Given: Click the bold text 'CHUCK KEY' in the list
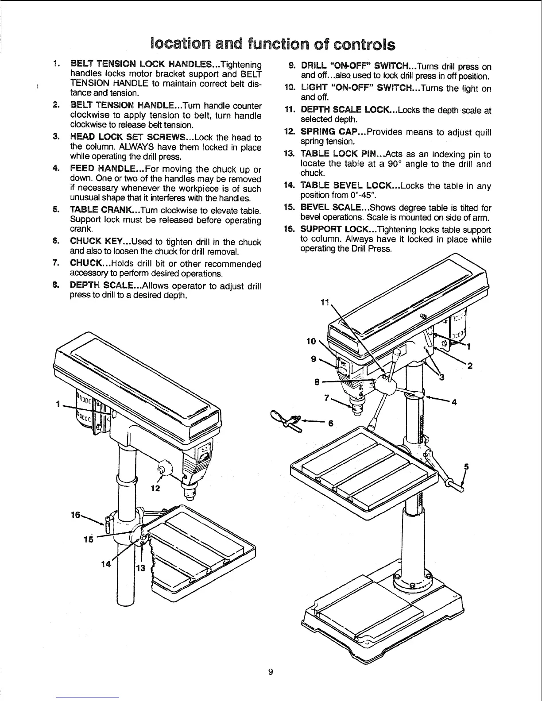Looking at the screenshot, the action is (97, 242).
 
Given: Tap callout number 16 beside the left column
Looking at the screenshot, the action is (76, 515).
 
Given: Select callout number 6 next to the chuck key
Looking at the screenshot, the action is (329, 423).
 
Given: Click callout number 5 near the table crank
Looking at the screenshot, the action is (465, 466).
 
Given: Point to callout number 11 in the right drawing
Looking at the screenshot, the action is (325, 303).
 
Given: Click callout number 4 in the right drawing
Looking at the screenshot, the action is (453, 402).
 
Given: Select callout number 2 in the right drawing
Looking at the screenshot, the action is (470, 366).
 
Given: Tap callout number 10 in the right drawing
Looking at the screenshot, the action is (312, 341).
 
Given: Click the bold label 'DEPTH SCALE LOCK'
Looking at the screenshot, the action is (346, 110).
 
